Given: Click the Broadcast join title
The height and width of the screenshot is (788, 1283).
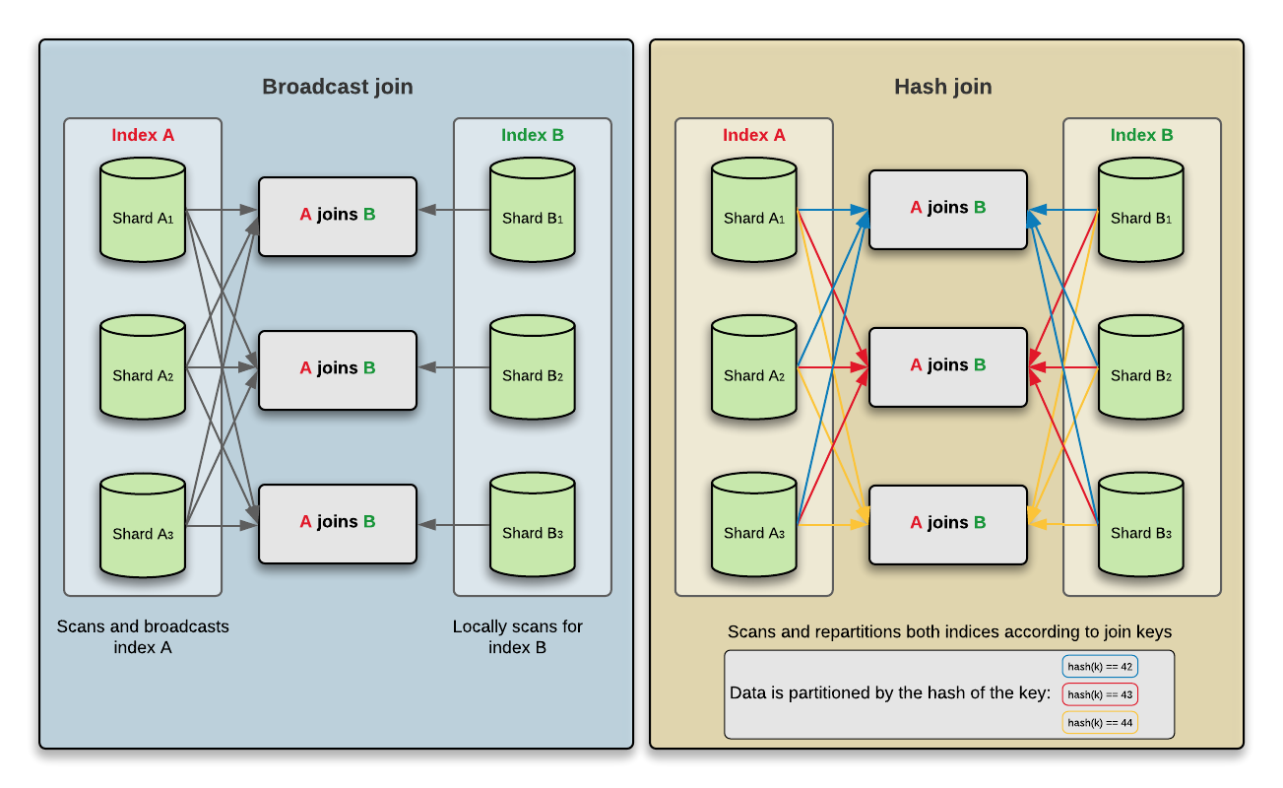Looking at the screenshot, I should click(337, 87).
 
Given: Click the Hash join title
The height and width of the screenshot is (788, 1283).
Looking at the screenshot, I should click(942, 87).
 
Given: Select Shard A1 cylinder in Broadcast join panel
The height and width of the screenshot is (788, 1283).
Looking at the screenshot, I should click(143, 212).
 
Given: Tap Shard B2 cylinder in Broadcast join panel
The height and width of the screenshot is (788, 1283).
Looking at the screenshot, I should click(533, 369).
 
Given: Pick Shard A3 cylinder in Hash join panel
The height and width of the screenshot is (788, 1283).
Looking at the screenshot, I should click(754, 527).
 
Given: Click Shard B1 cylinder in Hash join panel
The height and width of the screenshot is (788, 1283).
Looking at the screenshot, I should click(1141, 212).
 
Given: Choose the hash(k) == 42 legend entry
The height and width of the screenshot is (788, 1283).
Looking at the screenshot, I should click(1100, 667).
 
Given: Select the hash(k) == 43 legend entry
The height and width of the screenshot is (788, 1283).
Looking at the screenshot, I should click(1100, 694).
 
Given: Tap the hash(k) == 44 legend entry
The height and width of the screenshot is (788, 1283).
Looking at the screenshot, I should click(1100, 723).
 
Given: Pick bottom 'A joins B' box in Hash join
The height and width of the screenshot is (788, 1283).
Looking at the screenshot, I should click(948, 524).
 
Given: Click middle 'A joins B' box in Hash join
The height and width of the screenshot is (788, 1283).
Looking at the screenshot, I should click(948, 366).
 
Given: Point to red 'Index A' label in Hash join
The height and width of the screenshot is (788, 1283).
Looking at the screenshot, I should click(754, 136).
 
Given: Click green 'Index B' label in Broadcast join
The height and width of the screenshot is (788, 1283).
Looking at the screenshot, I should click(533, 136).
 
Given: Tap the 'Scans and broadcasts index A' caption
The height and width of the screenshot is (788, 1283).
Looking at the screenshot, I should click(143, 636).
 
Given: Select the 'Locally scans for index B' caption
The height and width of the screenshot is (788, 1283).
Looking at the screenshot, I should click(518, 636).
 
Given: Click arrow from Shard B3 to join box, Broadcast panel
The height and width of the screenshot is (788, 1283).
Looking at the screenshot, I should click(454, 525).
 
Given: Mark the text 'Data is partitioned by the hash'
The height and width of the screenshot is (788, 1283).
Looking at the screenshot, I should click(890, 693).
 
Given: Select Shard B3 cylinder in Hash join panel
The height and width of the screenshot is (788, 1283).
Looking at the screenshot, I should click(1141, 527).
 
